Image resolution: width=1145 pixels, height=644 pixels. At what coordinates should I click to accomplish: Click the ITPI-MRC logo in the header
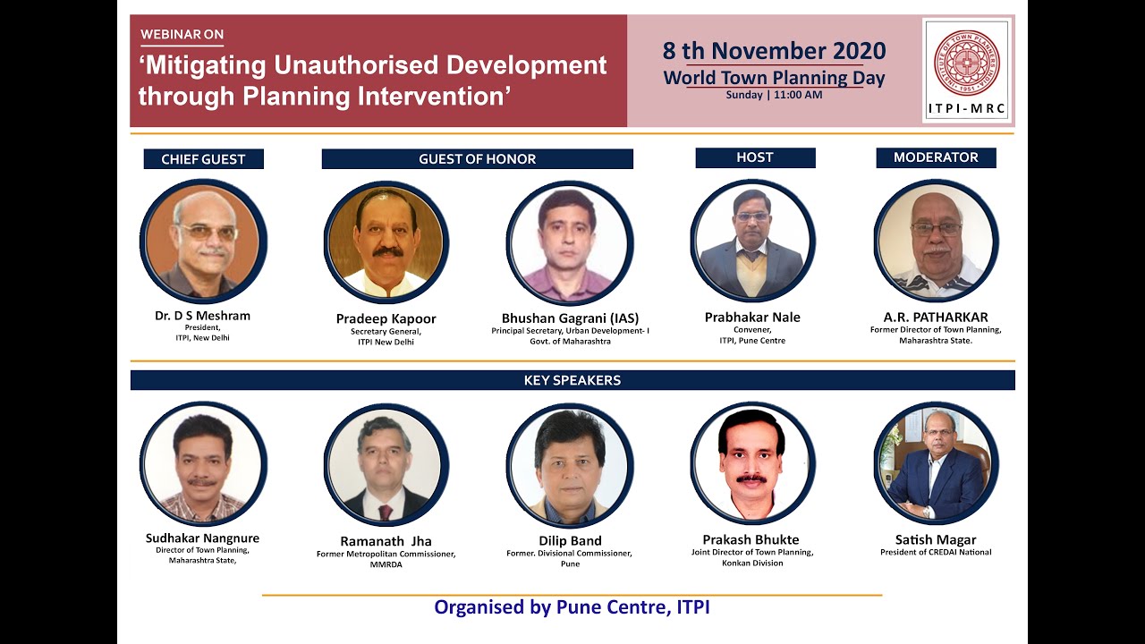(x=966, y=70)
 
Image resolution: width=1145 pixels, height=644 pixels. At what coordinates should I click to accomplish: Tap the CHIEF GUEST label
(x=203, y=159)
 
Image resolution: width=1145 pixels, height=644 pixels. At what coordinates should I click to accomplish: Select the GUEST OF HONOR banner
(x=477, y=159)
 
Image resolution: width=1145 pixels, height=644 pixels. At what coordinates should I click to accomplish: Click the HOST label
(x=754, y=157)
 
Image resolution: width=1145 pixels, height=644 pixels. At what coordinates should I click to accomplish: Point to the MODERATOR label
(x=936, y=157)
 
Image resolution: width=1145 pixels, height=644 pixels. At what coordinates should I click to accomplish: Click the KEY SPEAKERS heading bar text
(x=572, y=380)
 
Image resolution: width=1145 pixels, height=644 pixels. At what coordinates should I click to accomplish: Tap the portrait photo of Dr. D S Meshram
(x=203, y=241)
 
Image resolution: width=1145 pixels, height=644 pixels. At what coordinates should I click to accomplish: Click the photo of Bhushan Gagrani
(x=569, y=243)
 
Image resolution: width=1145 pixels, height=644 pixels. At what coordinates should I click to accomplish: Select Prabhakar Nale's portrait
(x=752, y=241)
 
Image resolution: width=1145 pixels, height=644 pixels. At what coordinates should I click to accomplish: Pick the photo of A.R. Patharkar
(x=936, y=241)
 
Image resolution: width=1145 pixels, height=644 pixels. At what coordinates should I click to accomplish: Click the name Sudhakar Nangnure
(x=202, y=538)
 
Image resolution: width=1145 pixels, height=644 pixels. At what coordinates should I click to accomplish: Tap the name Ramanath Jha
(x=386, y=541)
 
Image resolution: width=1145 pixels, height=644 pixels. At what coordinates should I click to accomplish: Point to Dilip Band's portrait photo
(x=569, y=465)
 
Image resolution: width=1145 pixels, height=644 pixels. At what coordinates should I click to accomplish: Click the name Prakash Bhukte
(x=751, y=539)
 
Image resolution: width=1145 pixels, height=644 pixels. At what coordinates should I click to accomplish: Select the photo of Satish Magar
(x=936, y=463)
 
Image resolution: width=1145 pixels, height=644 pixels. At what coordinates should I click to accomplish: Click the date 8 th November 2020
(x=774, y=51)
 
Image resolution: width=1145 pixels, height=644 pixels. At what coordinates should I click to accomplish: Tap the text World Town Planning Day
(x=774, y=78)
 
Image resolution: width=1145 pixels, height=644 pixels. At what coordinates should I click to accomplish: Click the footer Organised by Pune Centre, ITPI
(x=572, y=607)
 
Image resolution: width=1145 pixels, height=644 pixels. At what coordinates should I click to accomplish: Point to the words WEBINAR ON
(x=182, y=35)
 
